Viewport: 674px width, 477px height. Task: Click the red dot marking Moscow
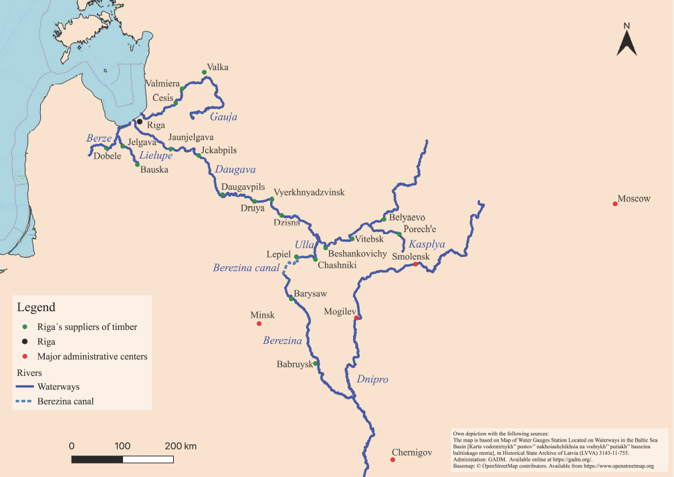pos(614,203)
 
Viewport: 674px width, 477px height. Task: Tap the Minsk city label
pos(262,314)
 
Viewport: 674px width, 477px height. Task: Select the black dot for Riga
pos(139,122)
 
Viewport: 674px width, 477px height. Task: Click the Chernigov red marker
pos(392,460)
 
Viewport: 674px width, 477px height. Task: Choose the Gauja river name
pos(223,117)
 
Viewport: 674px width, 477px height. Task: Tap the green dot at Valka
pos(204,72)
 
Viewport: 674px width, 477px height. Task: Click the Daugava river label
pos(235,170)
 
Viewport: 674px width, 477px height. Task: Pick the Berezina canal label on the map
pos(246,268)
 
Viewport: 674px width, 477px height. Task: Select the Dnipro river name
pos(372,379)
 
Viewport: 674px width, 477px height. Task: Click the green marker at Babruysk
pos(316,363)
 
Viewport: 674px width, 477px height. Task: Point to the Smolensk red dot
pos(415,264)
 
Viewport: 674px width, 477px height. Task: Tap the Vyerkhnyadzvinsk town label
pos(309,192)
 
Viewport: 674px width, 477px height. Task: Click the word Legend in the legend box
pos(36,308)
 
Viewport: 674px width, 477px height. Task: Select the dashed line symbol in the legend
pos(25,401)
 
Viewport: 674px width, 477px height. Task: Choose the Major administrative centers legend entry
pos(92,357)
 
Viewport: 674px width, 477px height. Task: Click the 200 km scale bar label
pos(181,446)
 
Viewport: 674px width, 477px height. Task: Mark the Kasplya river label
pos(427,245)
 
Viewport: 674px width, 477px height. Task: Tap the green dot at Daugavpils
pos(222,195)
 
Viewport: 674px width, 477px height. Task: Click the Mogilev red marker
pos(357,318)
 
